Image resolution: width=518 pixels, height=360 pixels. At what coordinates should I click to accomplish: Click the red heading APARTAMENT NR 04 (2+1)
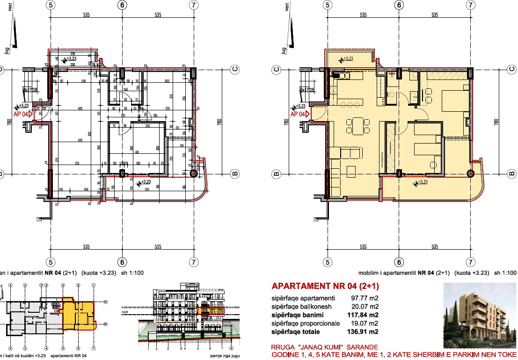pyautogui.click(x=325, y=286)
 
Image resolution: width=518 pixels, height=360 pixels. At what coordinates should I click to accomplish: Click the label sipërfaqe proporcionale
pyautogui.click(x=306, y=323)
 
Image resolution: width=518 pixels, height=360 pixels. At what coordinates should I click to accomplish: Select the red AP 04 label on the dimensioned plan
pyautogui.click(x=21, y=114)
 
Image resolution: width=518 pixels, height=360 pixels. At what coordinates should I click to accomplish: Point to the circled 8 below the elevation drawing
pyautogui.click(x=231, y=348)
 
